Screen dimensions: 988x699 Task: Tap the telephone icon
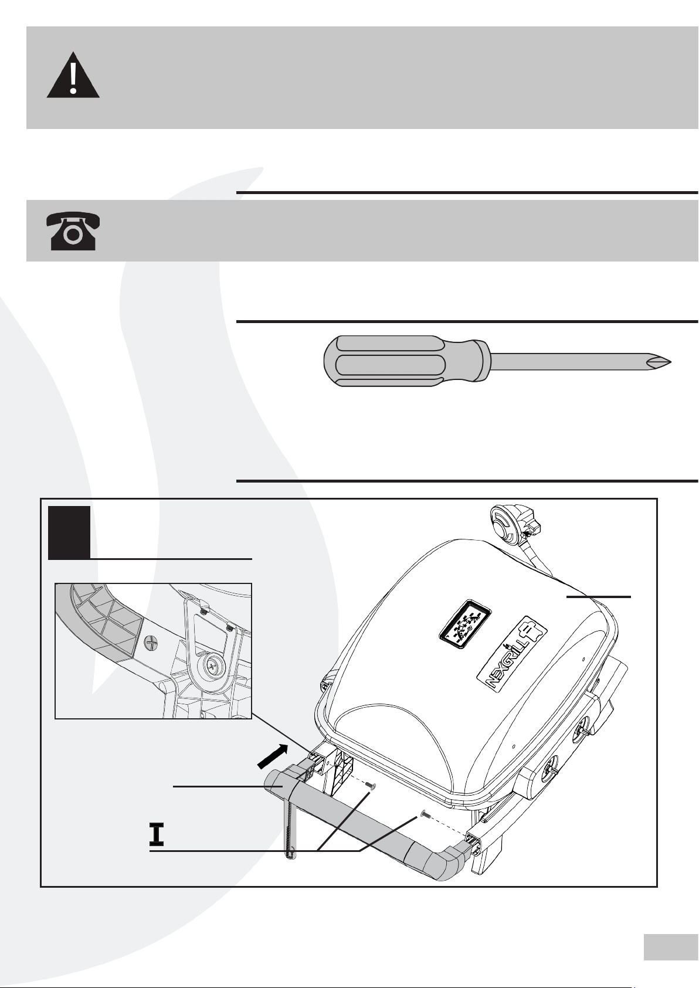click(73, 231)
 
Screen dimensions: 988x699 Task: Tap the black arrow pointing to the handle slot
click(273, 755)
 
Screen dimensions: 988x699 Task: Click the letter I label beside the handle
click(156, 833)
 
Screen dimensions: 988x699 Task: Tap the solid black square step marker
click(69, 532)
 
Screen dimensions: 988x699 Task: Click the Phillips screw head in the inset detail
click(151, 643)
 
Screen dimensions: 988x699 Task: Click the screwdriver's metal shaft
click(563, 361)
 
